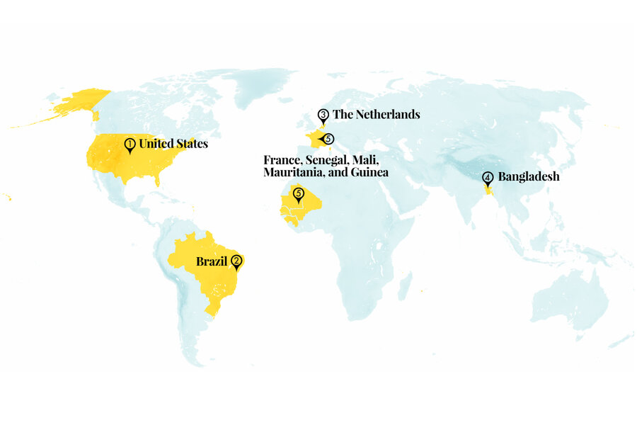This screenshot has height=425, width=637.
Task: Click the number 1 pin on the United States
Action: coord(130,145)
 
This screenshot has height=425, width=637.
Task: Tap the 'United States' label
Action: coord(173,144)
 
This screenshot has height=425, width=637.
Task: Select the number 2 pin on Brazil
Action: coord(237,261)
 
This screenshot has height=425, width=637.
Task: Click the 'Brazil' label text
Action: coord(212,262)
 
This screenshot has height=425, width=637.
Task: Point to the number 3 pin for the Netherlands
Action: coord(323,115)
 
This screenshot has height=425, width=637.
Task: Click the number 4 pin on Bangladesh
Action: coord(487,177)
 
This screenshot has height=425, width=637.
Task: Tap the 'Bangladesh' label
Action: coord(528,176)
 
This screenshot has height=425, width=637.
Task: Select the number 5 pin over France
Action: coord(328,140)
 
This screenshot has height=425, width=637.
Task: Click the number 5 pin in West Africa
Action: coord(298,193)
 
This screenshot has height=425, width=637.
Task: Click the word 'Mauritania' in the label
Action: coord(291,172)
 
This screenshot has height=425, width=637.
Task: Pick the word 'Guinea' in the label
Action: coord(368,172)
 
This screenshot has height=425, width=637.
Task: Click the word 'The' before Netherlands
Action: coord(342,114)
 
